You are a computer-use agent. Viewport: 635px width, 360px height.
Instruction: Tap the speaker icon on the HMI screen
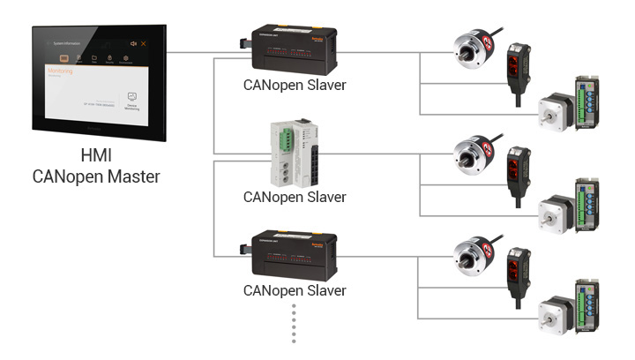[133, 43]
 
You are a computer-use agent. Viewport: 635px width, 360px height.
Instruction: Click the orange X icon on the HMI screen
[144, 43]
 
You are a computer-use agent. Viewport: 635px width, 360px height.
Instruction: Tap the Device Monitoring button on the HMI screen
[132, 99]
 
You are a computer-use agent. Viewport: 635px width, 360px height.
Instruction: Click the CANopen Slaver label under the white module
[295, 197]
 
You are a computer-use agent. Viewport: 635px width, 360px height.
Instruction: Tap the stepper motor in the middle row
[554, 206]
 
